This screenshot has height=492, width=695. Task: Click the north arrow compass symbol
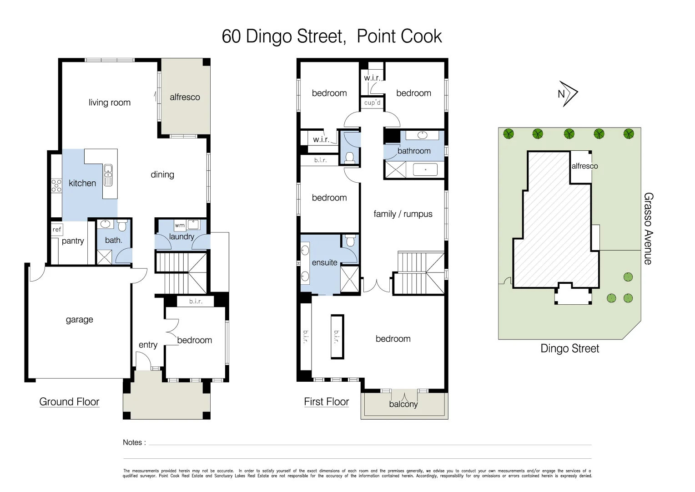(x=568, y=94)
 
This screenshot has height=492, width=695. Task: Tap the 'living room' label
(x=110, y=102)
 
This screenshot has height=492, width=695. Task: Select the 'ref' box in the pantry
(x=57, y=229)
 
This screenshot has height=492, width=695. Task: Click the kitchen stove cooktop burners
(x=56, y=185)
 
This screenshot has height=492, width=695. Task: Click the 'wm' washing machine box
(x=180, y=225)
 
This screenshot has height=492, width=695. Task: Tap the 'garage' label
(x=80, y=319)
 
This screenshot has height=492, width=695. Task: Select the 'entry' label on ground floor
(x=148, y=345)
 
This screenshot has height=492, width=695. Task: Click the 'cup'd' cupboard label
(x=373, y=103)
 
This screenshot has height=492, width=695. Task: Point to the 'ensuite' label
(x=324, y=262)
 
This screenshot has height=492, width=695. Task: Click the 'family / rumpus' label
(x=403, y=214)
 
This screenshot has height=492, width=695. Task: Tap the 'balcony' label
(x=403, y=404)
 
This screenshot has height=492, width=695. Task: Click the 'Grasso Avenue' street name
(x=648, y=228)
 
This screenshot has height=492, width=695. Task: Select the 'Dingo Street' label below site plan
(x=569, y=348)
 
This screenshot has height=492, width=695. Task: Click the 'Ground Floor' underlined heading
(x=69, y=402)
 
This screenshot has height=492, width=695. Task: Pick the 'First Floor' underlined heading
(x=326, y=402)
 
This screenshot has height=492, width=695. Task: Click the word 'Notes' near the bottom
(x=132, y=442)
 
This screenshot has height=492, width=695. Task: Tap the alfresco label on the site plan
(x=584, y=166)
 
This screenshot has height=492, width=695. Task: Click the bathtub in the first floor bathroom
(x=425, y=170)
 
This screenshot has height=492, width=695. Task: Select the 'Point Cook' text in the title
(x=399, y=36)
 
